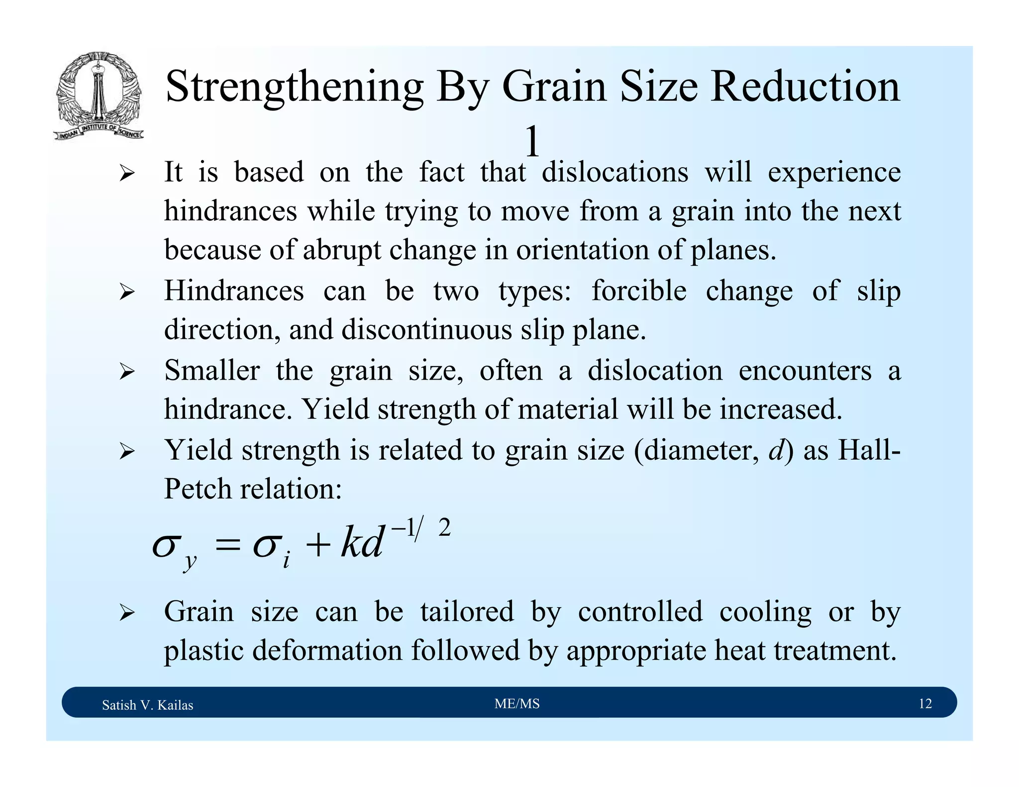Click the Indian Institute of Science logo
(x=99, y=96)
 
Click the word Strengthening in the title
(x=294, y=88)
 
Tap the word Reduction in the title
(x=805, y=87)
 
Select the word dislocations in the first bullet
(x=614, y=172)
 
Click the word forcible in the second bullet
(x=639, y=291)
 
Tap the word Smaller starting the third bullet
(x=212, y=371)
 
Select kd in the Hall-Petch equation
(x=362, y=542)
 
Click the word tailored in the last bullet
(x=467, y=611)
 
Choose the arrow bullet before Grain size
(x=127, y=613)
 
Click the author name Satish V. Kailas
(x=147, y=705)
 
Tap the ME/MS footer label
(x=517, y=703)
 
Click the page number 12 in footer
(x=924, y=703)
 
